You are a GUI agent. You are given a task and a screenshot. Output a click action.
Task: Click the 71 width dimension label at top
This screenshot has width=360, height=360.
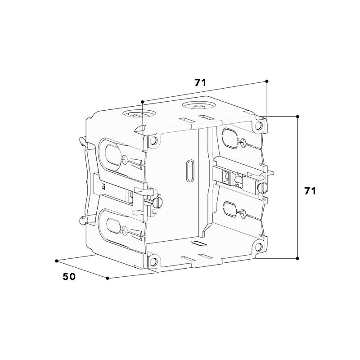coord(200,82)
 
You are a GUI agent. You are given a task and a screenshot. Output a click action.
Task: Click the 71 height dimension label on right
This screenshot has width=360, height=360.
coord(310,191)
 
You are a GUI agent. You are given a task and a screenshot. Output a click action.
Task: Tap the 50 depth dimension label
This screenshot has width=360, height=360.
coord(69,277)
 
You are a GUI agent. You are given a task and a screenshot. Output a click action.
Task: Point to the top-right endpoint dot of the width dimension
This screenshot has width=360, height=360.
coord(266,81)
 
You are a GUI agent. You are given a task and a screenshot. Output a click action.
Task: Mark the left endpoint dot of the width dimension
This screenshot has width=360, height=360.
coord(142,102)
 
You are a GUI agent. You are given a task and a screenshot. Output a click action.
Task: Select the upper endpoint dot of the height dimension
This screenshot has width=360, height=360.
coord(297,117)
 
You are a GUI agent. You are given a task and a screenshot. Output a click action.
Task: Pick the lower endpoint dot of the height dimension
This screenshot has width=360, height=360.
coord(297,258)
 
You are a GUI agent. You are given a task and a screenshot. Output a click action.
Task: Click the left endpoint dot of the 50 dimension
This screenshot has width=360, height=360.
coord(57,261)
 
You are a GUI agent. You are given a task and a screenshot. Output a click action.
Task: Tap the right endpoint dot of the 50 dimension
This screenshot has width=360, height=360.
coord(108,278)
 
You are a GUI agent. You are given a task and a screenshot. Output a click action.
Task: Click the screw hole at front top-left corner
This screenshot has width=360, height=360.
coord(153,140)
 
